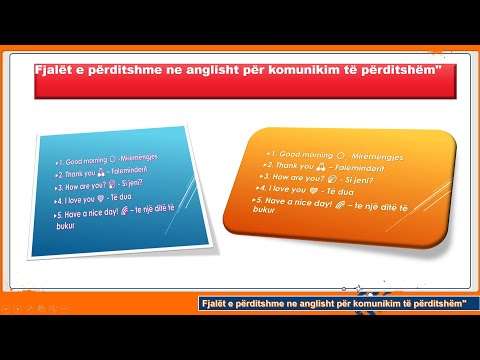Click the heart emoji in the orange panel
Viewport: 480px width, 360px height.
(x=317, y=188)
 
